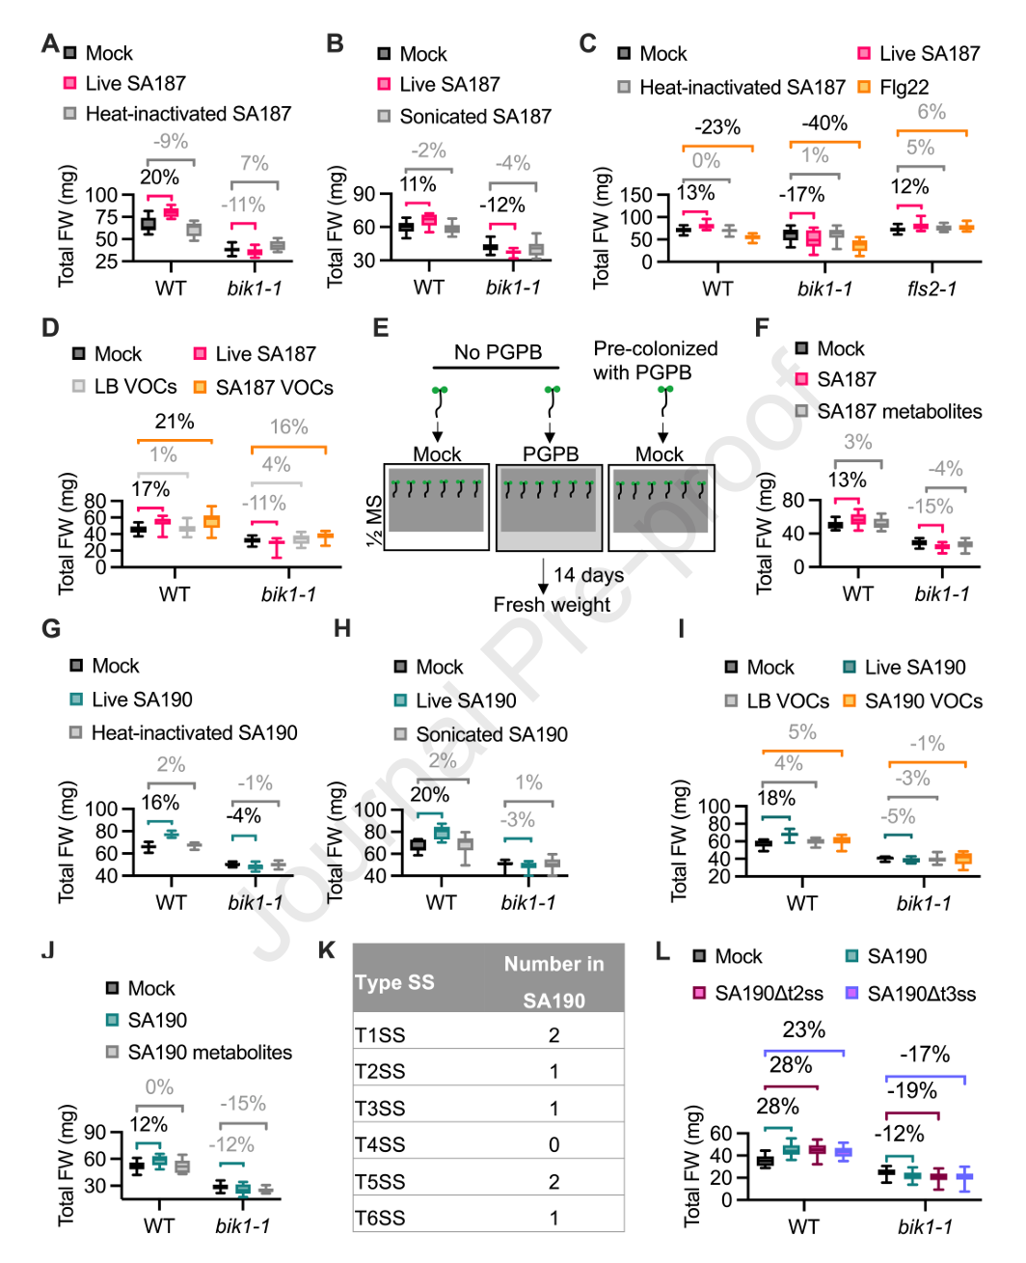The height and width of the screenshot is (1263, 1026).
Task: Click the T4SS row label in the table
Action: [x=380, y=1144]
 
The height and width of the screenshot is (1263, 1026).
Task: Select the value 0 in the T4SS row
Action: [x=553, y=1144]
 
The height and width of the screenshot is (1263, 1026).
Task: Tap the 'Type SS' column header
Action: [x=395, y=982]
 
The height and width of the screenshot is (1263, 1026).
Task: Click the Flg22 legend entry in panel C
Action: [x=893, y=87]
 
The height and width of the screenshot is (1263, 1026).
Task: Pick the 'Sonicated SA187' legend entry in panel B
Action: [x=465, y=116]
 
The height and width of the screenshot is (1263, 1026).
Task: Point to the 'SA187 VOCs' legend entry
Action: [x=264, y=388]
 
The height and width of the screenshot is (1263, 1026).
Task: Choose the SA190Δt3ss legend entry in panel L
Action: [x=910, y=994]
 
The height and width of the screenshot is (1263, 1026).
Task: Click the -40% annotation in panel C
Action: [x=824, y=124]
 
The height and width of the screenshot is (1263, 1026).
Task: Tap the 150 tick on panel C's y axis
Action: [x=636, y=195]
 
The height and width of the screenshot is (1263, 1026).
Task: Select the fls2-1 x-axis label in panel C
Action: [x=931, y=288]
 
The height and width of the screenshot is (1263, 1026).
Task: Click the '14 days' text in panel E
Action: [x=588, y=575]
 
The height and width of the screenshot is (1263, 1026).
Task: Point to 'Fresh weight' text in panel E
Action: [x=552, y=604]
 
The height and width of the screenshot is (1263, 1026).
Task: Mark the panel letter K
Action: [x=326, y=950]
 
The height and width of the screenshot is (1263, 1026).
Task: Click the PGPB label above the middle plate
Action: [x=551, y=453]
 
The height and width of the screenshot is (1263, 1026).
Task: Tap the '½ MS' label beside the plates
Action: [x=374, y=521]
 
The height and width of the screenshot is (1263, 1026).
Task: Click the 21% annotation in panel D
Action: [x=175, y=422]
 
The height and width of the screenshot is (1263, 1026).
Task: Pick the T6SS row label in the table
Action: [x=380, y=1218]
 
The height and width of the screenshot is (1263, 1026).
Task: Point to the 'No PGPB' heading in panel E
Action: [x=499, y=352]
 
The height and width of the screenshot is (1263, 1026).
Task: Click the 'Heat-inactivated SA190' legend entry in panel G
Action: [x=183, y=733]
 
